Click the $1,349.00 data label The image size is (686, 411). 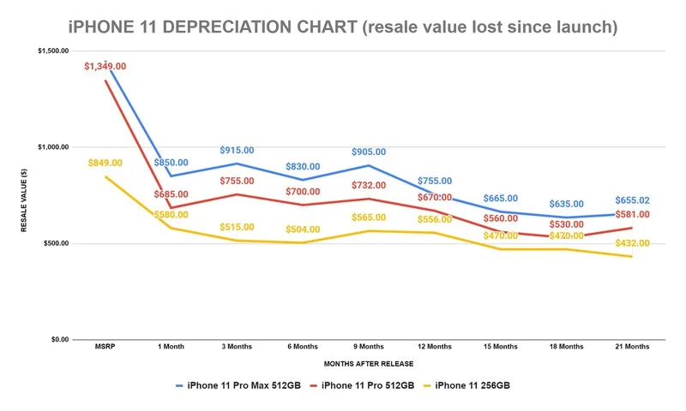coord(105,66)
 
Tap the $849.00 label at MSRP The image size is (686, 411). coord(105,163)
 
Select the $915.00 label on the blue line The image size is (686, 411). coord(237,150)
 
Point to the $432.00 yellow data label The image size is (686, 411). coord(632,243)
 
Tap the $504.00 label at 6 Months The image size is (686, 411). coord(303,229)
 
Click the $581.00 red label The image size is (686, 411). coord(632,214)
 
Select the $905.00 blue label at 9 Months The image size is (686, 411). coord(368,152)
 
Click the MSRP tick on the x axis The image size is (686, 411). coord(105,347)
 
